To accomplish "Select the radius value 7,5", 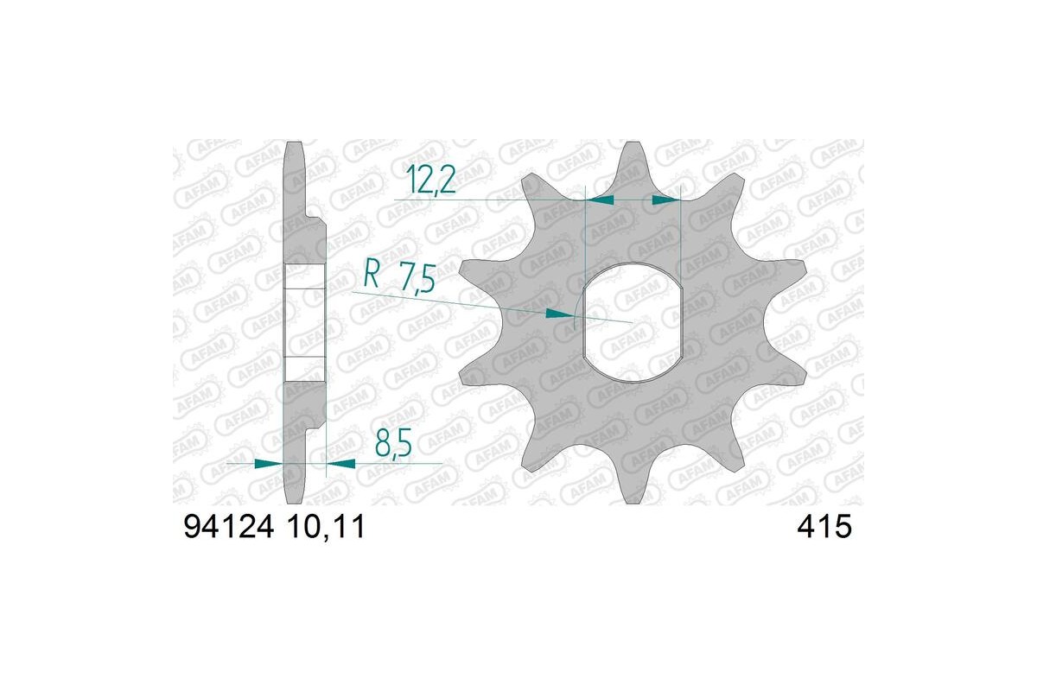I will pyautogui.click(x=415, y=281).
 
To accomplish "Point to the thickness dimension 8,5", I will pyautogui.click(x=393, y=447).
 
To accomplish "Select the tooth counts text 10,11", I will pyautogui.click(x=321, y=527).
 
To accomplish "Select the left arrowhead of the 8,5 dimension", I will pyautogui.click(x=270, y=464).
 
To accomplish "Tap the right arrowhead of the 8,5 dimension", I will pyautogui.click(x=340, y=464).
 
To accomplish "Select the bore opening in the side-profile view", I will pyautogui.click(x=304, y=322).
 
